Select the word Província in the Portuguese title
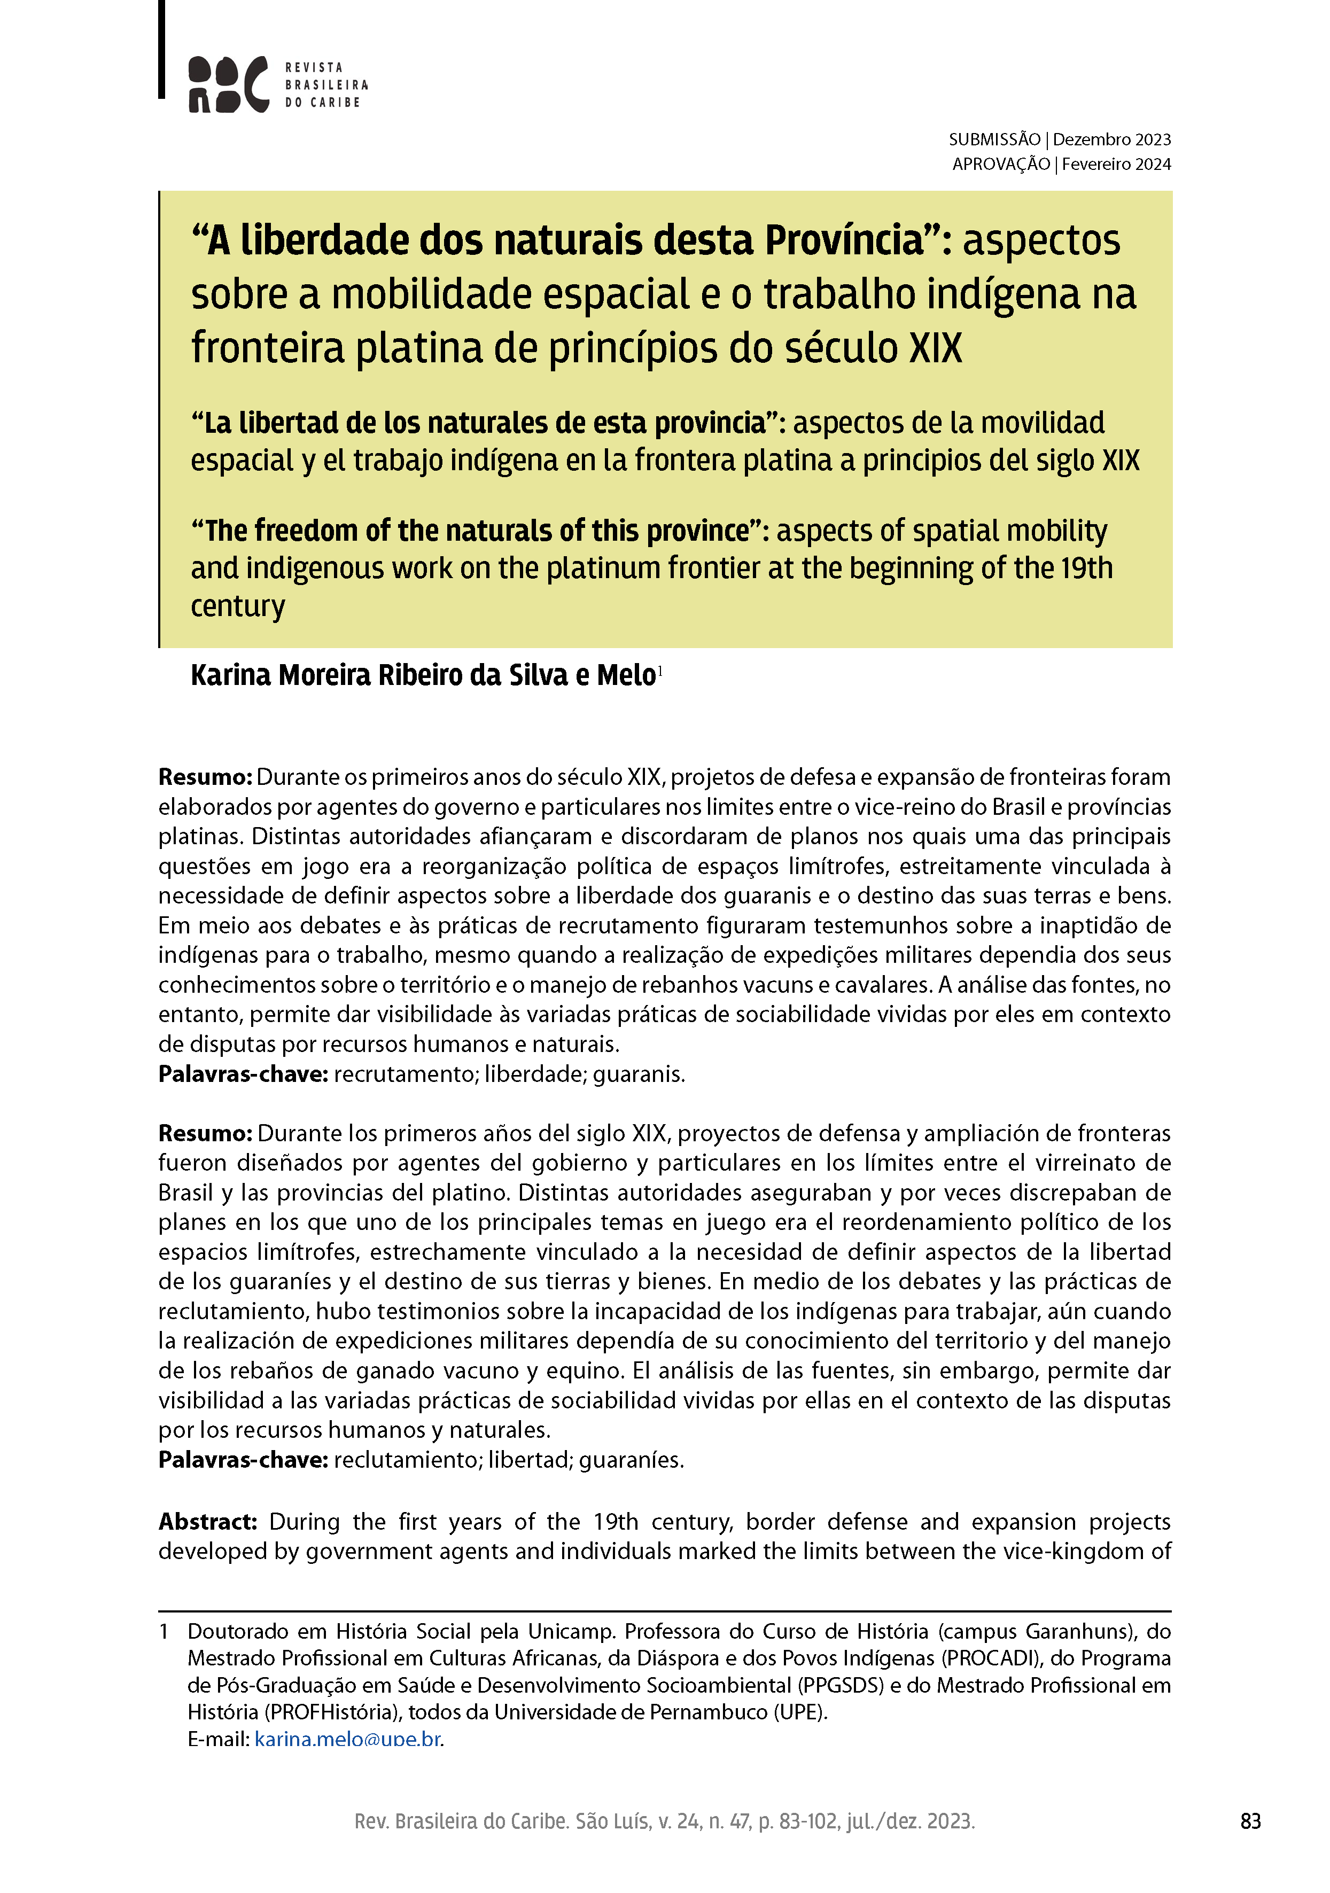click(844, 241)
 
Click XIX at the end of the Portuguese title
click(935, 348)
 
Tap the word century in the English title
click(237, 606)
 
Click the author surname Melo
click(626, 675)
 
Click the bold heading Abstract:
click(208, 1521)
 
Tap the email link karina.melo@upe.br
click(348, 1740)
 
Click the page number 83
click(1250, 1821)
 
